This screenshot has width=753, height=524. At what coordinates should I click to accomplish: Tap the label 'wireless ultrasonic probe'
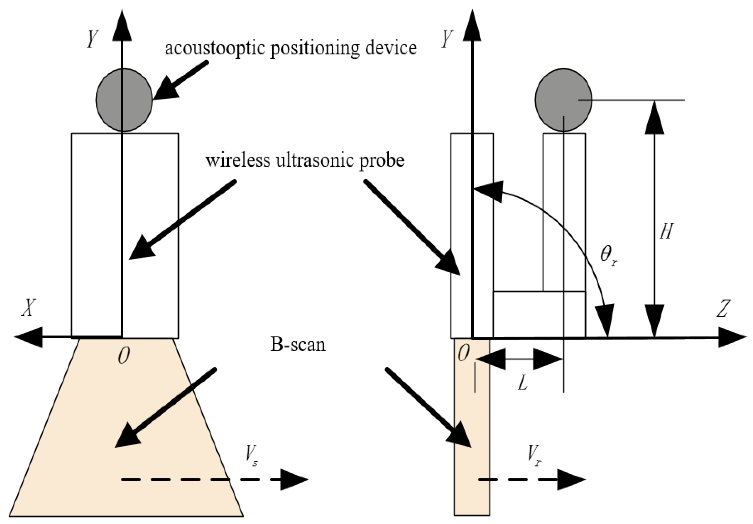click(305, 161)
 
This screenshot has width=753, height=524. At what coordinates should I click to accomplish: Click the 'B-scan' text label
click(298, 345)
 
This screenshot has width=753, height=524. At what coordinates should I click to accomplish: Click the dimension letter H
click(666, 231)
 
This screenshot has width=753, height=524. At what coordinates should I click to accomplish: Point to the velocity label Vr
click(534, 455)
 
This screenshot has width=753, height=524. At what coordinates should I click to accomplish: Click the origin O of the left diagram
click(124, 355)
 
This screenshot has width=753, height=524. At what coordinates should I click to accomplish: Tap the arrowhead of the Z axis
click(733, 337)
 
